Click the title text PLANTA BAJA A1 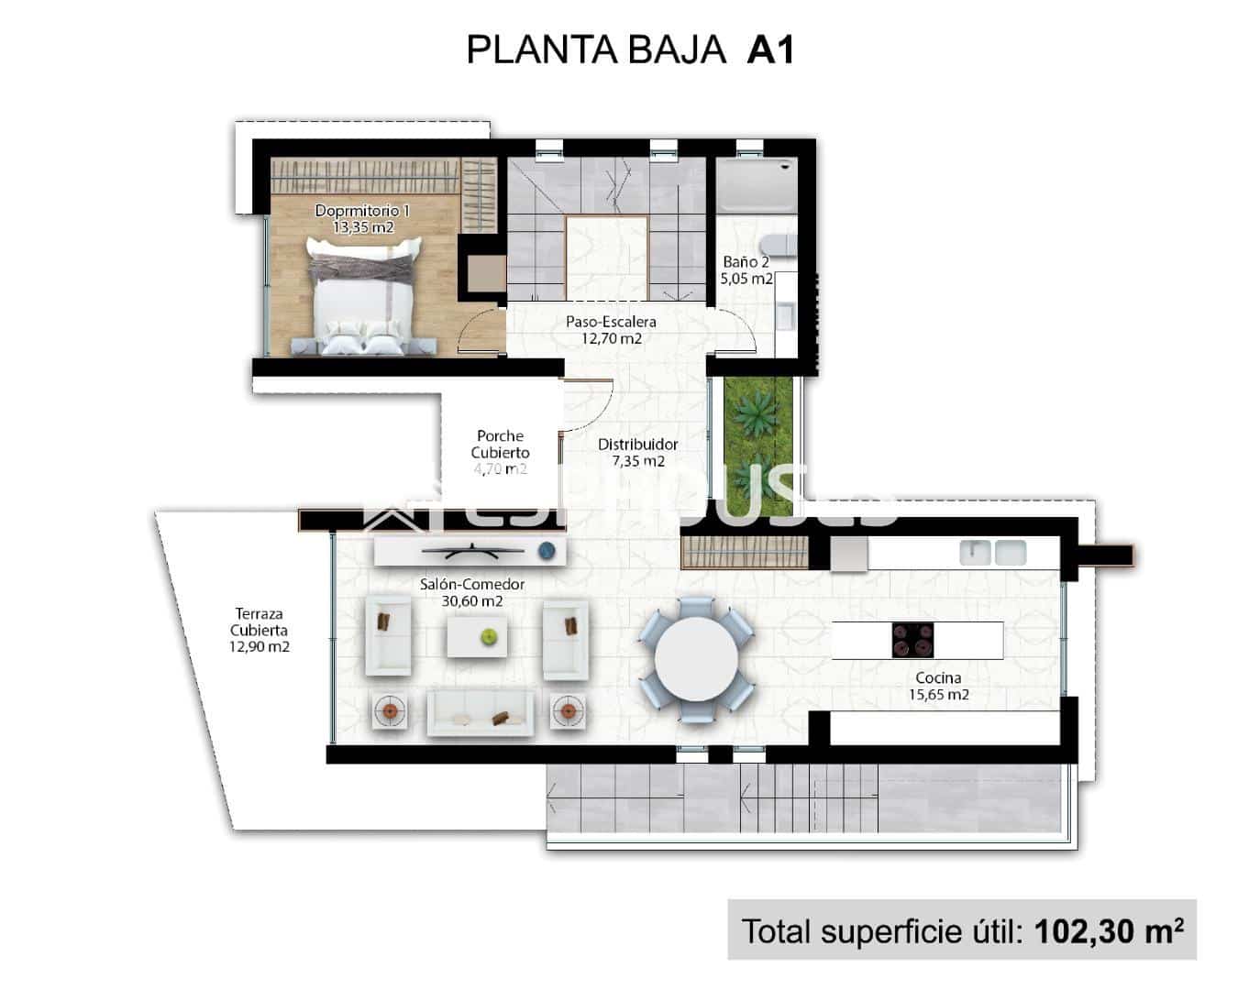pos(629,49)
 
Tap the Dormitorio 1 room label pos(362,218)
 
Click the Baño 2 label pos(746,270)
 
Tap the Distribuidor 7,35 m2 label pos(638,452)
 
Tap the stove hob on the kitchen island pos(912,640)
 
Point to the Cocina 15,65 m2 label pos(938,686)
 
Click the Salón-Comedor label pos(472,592)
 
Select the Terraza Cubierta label pos(259,630)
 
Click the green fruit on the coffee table pos(490,634)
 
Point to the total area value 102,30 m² pos(1108,930)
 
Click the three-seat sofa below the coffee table pos(481,713)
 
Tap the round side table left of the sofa pos(391,711)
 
